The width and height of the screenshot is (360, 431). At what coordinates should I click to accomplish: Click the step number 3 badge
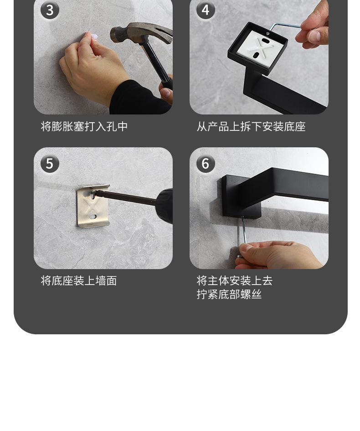click(x=50, y=10)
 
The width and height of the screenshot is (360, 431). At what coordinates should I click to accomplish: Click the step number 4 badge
click(x=206, y=10)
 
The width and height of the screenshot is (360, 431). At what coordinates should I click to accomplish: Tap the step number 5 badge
click(x=50, y=164)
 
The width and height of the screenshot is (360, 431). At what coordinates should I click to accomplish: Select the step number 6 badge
click(x=206, y=164)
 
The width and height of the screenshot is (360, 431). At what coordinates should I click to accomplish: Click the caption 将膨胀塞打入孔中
click(x=84, y=126)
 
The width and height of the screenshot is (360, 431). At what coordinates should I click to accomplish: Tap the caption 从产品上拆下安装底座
click(x=251, y=126)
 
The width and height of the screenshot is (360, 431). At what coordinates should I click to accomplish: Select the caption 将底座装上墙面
click(x=79, y=280)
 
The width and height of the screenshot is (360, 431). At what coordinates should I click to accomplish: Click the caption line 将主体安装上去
click(x=235, y=280)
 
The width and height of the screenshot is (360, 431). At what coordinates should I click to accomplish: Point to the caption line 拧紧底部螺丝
click(x=229, y=294)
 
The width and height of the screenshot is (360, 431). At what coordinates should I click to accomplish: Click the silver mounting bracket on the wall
click(x=93, y=206)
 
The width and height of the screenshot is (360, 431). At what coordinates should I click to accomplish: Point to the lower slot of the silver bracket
click(x=93, y=217)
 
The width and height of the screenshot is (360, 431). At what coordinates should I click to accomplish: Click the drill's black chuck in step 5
click(x=164, y=206)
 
